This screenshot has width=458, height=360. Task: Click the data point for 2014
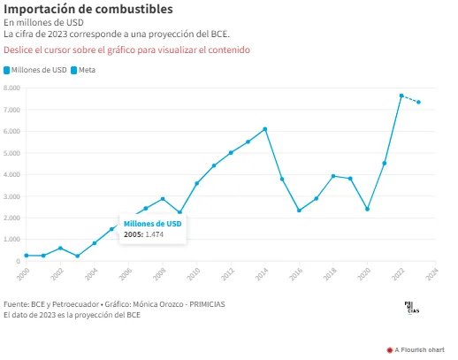click(265, 129)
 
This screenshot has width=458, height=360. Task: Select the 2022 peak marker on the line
click(401, 96)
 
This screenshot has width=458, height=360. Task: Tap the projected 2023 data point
click(418, 102)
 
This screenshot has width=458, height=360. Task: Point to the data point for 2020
click(367, 209)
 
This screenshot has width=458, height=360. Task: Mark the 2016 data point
click(299, 211)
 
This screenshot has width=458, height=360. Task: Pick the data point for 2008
click(163, 199)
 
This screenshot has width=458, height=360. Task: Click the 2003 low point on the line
click(78, 256)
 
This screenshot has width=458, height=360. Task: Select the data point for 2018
click(333, 176)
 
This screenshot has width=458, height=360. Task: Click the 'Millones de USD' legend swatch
click(6, 70)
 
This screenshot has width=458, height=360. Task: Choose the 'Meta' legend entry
click(83, 70)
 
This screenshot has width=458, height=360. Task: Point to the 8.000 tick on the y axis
click(11, 88)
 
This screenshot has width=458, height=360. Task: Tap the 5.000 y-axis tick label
click(11, 153)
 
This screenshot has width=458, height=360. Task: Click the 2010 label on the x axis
click(194, 274)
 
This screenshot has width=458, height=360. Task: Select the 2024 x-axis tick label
click(432, 274)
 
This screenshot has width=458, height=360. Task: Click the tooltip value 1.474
click(155, 234)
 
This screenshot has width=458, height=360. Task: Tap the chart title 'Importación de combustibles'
click(88, 9)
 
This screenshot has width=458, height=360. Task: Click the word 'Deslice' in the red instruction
click(18, 50)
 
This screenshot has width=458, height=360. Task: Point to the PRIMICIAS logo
click(412, 308)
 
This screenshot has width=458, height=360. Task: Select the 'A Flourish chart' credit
click(416, 350)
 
